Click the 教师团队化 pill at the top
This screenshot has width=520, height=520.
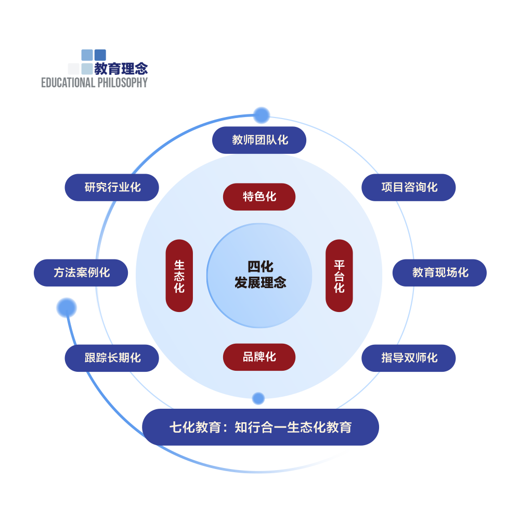pyautogui.click(x=259, y=140)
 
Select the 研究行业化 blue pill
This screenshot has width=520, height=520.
pyautogui.click(x=112, y=187)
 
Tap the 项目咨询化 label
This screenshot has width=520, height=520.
pyautogui.click(x=409, y=187)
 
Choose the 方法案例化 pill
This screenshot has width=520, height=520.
pyautogui.click(x=81, y=272)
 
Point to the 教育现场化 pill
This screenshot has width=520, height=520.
pyautogui.click(x=439, y=272)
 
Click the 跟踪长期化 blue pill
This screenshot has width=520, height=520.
pyautogui.click(x=112, y=358)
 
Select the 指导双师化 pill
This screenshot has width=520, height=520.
pyautogui.click(x=409, y=358)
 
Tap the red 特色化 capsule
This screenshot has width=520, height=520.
pyautogui.click(x=259, y=197)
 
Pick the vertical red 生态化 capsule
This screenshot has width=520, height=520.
pyautogui.click(x=179, y=276)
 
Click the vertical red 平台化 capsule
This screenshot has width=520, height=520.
pyautogui.click(x=339, y=276)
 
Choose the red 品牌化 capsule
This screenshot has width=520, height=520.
pyautogui.click(x=259, y=357)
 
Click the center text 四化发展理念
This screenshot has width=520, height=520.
pyautogui.click(x=260, y=275)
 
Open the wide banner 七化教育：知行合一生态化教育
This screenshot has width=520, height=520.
pyautogui.click(x=261, y=427)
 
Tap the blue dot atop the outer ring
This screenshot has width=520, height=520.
pyautogui.click(x=261, y=115)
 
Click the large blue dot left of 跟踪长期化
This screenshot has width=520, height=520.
pyautogui.click(x=67, y=308)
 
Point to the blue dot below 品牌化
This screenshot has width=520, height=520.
pyautogui.click(x=258, y=399)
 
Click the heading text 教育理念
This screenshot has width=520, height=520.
pyautogui.click(x=121, y=69)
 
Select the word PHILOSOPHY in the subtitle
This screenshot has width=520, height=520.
pyautogui.click(x=122, y=83)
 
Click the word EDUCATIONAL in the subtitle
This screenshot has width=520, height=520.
pyautogui.click(x=68, y=83)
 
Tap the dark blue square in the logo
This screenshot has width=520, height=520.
pyautogui.click(x=100, y=55)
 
